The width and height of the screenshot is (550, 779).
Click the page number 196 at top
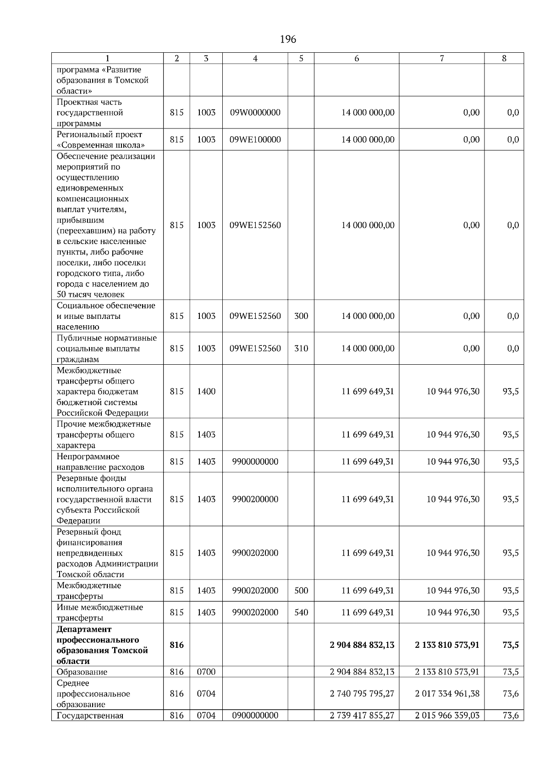[288, 39]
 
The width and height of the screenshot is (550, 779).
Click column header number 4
[255, 58]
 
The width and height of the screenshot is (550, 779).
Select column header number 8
[504, 58]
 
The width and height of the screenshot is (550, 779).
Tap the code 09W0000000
[255, 112]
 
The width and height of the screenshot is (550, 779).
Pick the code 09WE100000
[255, 139]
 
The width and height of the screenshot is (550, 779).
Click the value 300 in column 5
[301, 316]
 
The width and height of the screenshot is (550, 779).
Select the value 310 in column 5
[301, 348]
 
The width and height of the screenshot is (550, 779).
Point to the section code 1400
[206, 391]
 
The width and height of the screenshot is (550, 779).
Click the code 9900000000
[255, 462]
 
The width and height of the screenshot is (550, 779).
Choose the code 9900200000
[255, 499]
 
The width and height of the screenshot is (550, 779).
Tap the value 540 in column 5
[301, 612]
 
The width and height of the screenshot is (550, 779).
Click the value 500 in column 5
[301, 590]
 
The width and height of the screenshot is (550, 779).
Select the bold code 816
[176, 645]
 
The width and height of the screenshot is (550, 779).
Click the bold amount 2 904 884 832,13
[362, 645]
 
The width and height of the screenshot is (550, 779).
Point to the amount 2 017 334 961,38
[447, 694]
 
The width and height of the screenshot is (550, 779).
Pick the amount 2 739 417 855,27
[362, 715]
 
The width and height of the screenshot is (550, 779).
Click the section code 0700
[206, 672]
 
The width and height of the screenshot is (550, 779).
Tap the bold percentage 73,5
[510, 645]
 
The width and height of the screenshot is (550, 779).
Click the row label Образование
[82, 672]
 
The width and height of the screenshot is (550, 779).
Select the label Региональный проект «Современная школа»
[101, 139]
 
